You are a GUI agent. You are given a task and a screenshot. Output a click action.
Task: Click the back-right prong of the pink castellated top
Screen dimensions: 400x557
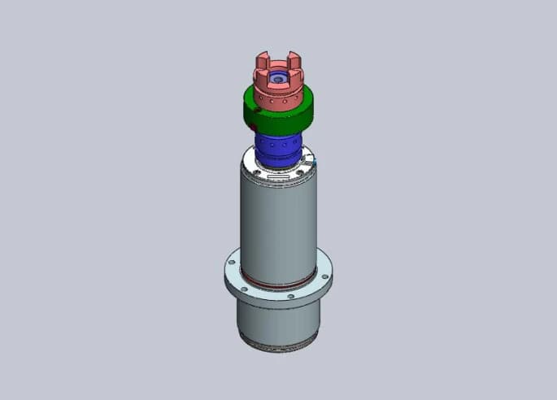pyautogui.click(x=290, y=59)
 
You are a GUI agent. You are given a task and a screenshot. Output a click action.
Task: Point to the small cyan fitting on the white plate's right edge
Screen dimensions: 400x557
pyautogui.click(x=316, y=167)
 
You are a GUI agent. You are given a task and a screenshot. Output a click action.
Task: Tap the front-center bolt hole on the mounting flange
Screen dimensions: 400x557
pyautogui.click(x=291, y=297)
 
